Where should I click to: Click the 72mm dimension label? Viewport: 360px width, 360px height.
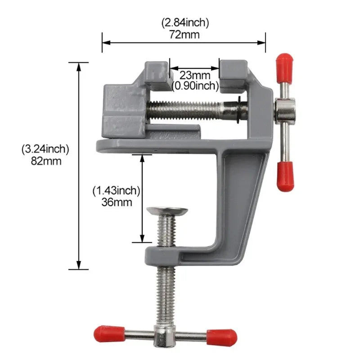click(184, 34)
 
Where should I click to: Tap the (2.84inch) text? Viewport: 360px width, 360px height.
click(184, 22)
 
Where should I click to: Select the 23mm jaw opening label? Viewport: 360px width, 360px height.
click(195, 74)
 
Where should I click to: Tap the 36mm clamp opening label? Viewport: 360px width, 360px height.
click(117, 202)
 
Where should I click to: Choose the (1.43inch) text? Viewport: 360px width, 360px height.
click(117, 190)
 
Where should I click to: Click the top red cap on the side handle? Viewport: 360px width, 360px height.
click(284, 63)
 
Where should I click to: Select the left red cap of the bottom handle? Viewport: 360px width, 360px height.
click(107, 333)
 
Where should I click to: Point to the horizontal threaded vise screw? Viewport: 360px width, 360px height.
click(189, 109)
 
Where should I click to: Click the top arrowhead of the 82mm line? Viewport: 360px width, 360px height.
click(80, 67)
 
